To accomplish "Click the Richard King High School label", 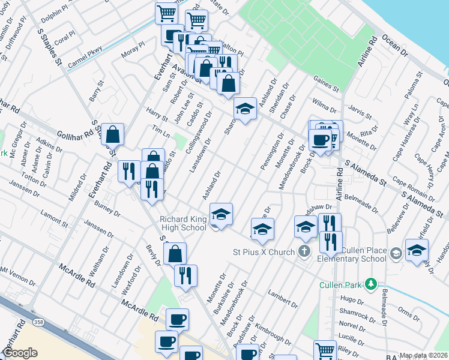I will [183, 223].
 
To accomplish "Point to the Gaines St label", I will [326, 84].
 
